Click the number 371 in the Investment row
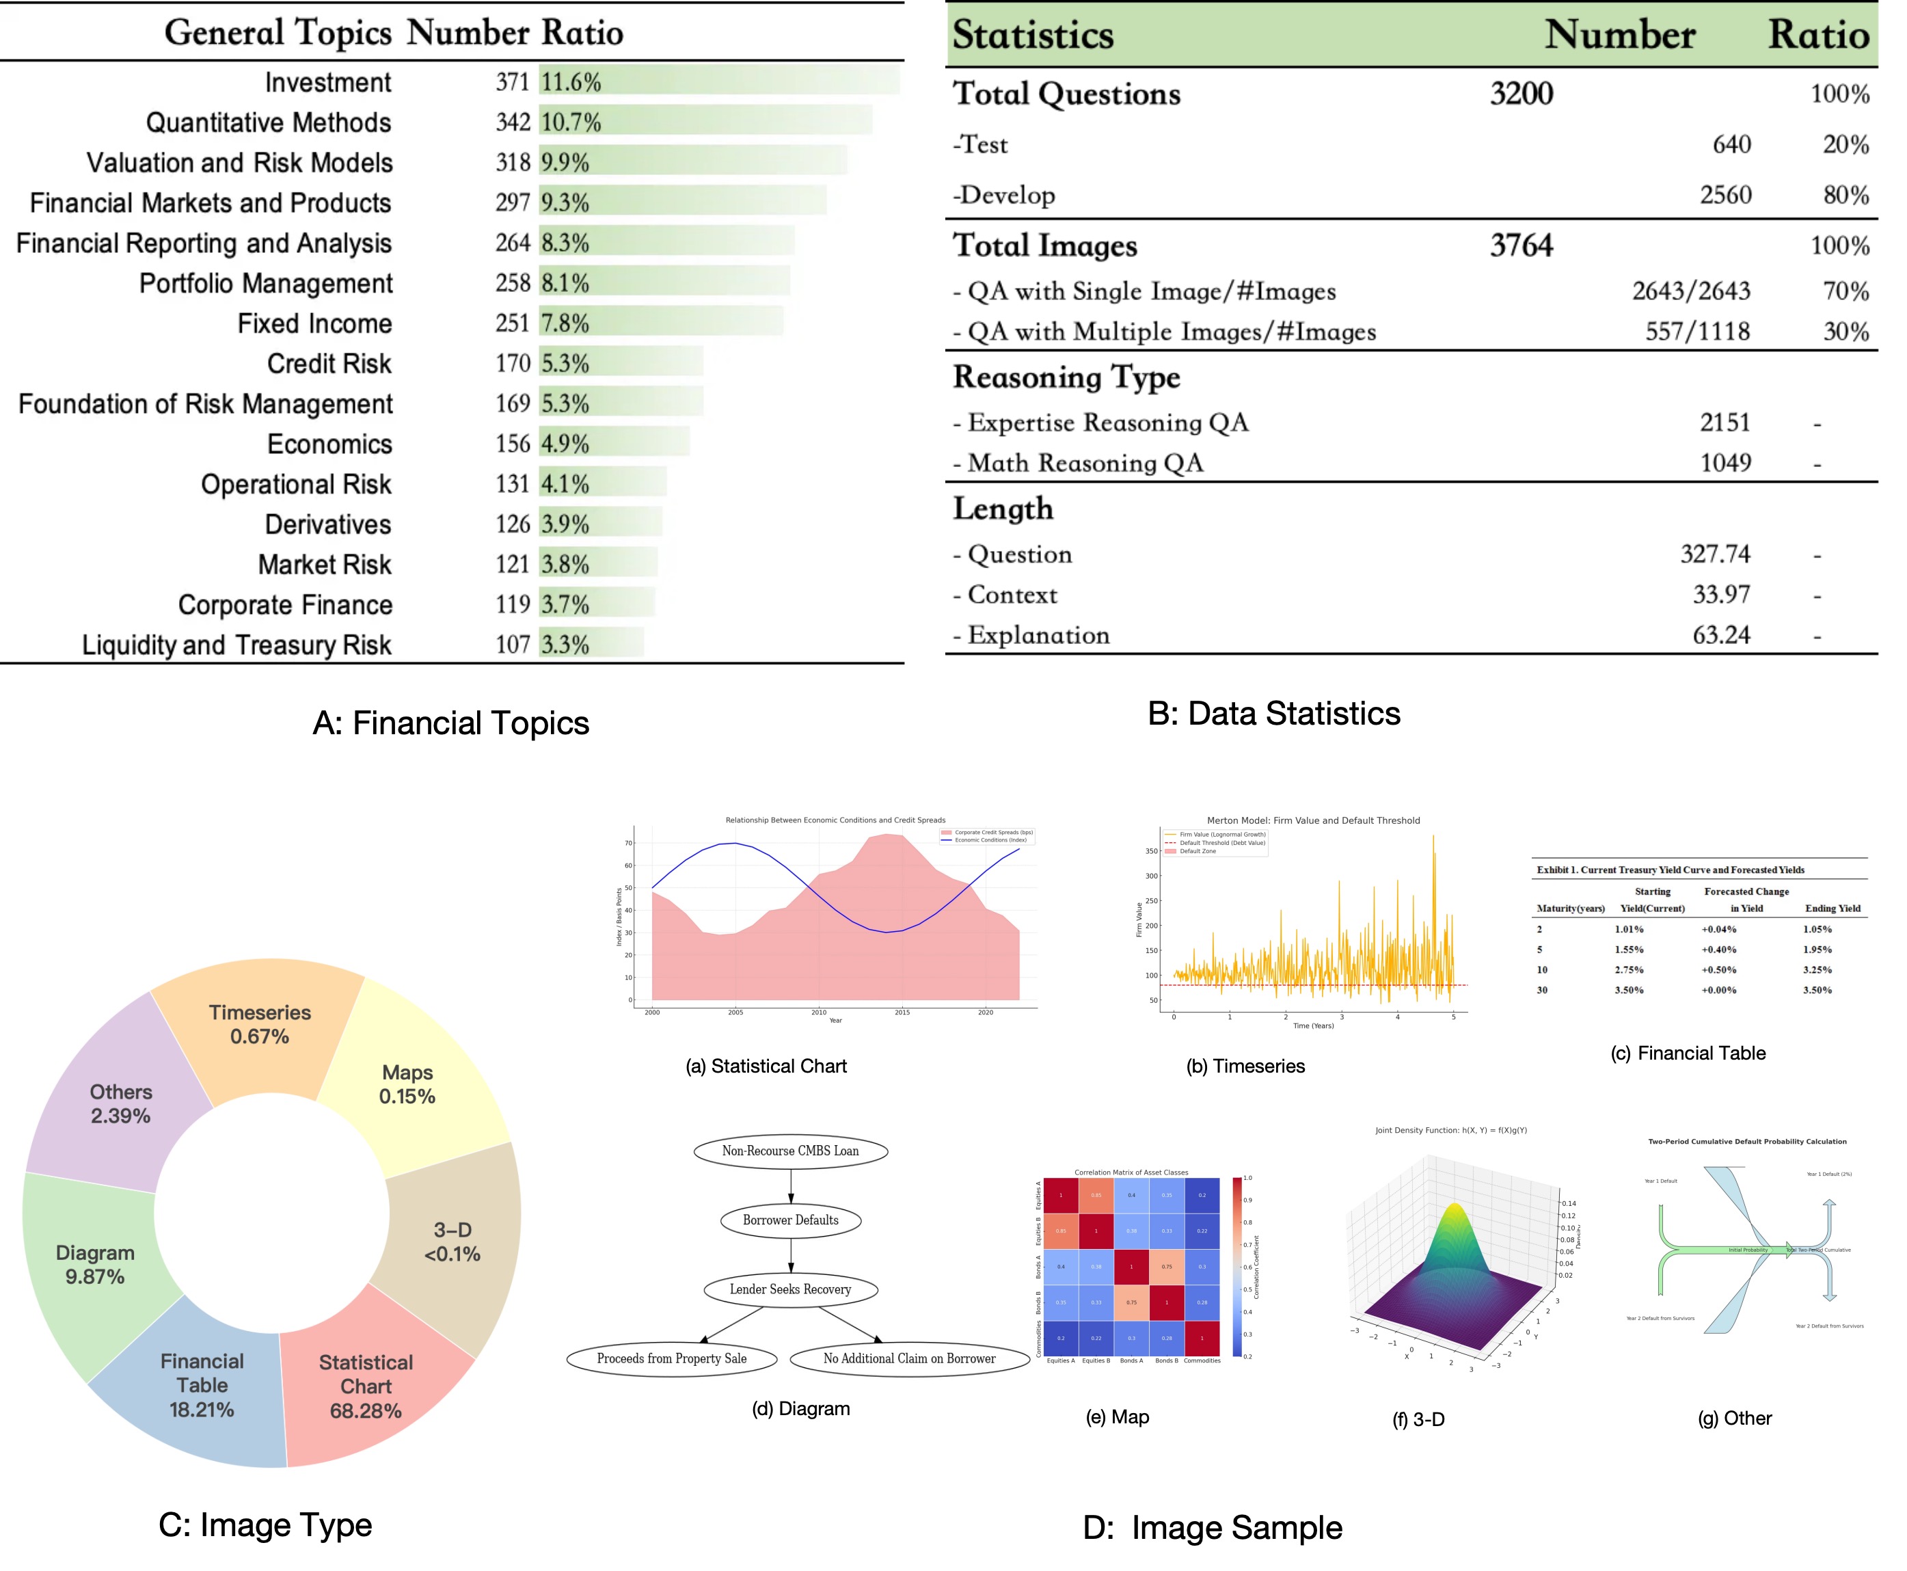pyautogui.click(x=512, y=82)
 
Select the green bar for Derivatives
pyautogui.click(x=601, y=523)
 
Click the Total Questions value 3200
pyautogui.click(x=1521, y=93)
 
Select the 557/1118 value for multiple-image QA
pyautogui.click(x=1696, y=331)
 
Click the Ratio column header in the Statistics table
pyautogui.click(x=1817, y=34)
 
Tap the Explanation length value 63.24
pyautogui.click(x=1720, y=634)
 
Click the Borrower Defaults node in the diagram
pyautogui.click(x=789, y=1220)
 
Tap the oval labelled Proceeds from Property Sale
pyautogui.click(x=671, y=1358)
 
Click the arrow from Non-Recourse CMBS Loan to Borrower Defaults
pyautogui.click(x=791, y=1185)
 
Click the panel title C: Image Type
pyautogui.click(x=265, y=1525)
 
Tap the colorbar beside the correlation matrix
pyautogui.click(x=1236, y=1267)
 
